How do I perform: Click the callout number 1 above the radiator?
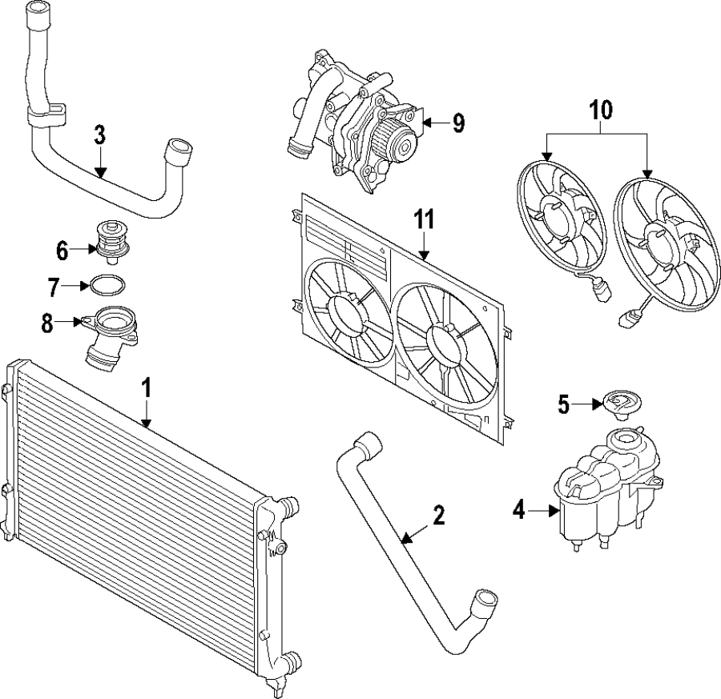coord(146,390)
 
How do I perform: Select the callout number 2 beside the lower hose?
coord(438,516)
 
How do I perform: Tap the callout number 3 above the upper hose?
coord(99,135)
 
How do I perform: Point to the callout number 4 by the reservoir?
coord(519,509)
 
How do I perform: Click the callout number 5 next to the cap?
coord(565,405)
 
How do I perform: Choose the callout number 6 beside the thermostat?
coord(62,251)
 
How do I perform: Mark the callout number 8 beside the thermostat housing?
coord(46,323)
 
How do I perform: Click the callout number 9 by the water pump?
coord(457,123)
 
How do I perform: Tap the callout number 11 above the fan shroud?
coord(424,219)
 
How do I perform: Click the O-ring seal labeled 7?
coord(107,285)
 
